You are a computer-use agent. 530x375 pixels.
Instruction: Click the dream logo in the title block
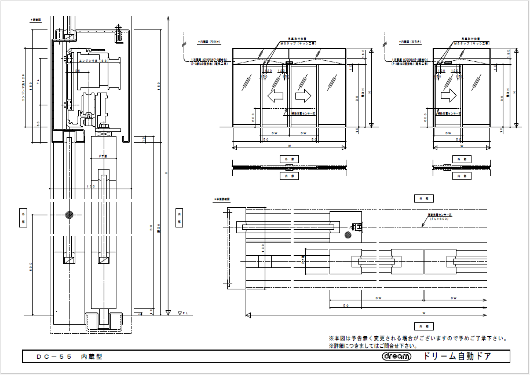pos(396,356)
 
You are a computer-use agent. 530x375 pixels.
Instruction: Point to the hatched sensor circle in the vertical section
pos(70,215)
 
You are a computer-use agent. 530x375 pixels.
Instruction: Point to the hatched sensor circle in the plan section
pos(349,235)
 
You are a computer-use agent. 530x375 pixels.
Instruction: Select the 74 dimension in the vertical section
pos(37,81)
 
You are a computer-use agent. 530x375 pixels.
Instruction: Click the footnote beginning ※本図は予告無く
pos(418,338)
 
